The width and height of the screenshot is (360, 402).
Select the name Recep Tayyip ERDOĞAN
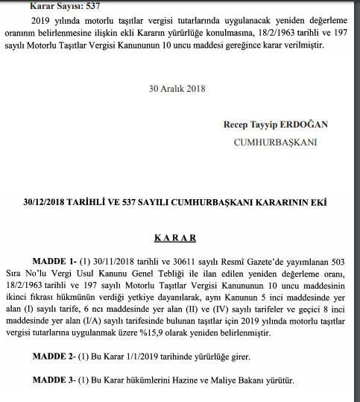(275, 124)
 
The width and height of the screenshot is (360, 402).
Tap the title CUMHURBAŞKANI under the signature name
(275, 142)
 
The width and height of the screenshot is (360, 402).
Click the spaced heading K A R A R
(174, 239)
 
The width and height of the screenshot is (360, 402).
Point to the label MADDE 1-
(54, 263)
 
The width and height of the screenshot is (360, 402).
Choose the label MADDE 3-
(54, 380)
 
